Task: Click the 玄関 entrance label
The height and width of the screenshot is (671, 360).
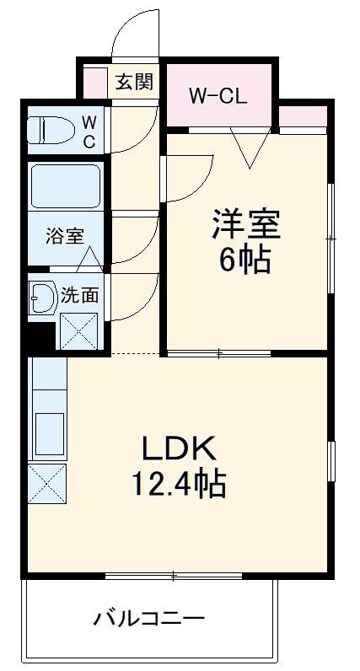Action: click(x=134, y=83)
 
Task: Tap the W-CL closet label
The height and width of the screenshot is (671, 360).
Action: click(x=217, y=96)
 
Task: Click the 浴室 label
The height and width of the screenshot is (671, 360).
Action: click(x=65, y=236)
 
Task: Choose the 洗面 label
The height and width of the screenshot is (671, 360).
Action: click(x=80, y=295)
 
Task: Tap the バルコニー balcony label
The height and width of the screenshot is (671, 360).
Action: click(x=148, y=621)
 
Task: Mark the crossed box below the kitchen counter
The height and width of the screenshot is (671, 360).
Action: click(x=46, y=483)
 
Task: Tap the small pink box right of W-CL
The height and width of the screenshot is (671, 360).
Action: click(x=302, y=115)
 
